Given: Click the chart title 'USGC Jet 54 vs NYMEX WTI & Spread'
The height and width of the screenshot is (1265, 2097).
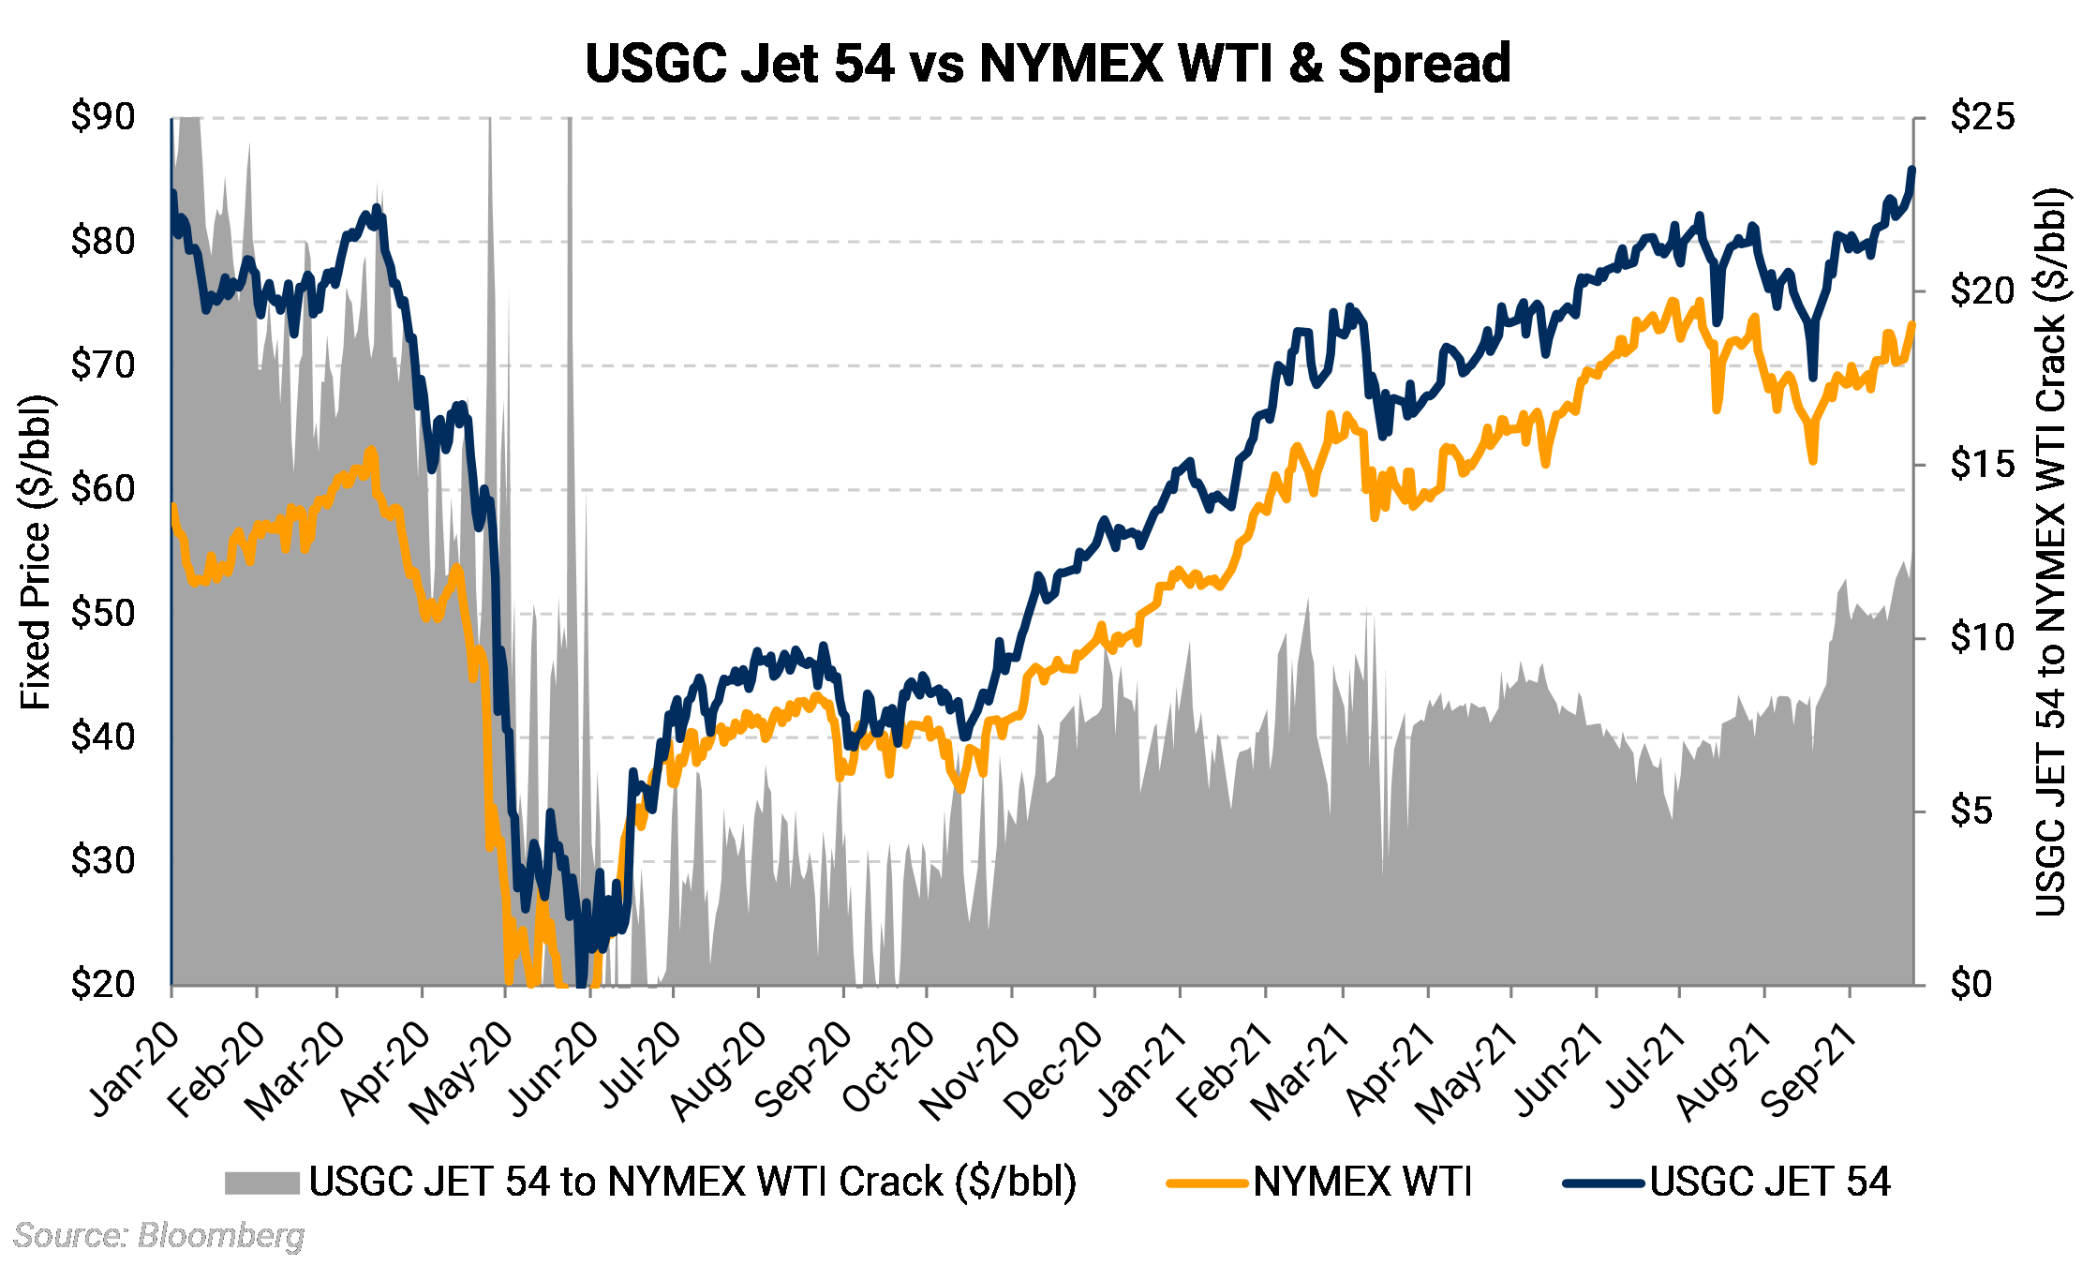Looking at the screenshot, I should pos(1047,64).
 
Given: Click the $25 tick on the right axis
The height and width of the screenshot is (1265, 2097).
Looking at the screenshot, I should pos(1981,118).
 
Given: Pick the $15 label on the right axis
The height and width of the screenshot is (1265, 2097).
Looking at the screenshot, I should pos(1981,465).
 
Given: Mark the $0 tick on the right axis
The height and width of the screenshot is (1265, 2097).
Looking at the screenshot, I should pos(1971,985).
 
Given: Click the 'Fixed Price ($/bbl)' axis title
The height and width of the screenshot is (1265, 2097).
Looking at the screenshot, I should pos(36,553).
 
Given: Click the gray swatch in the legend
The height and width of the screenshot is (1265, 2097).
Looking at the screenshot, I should pos(261,1183).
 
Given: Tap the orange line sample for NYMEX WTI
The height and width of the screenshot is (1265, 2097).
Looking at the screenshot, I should pos(1207,1183).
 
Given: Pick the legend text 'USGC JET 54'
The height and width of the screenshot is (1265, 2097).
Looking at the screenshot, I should pos(1770,1183).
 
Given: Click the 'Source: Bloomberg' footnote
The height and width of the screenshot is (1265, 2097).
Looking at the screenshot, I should pos(159,1236).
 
